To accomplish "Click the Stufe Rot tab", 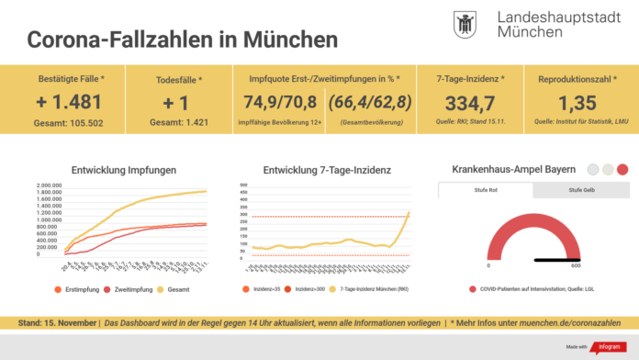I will pos(485,191).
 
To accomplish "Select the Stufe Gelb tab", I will pos(580,191).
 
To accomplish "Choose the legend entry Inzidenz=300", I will pos(308,289).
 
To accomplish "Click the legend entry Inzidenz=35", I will pos(263,289).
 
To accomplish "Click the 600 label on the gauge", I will pos(576,265).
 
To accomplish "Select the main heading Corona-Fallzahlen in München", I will pos(182,39).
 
